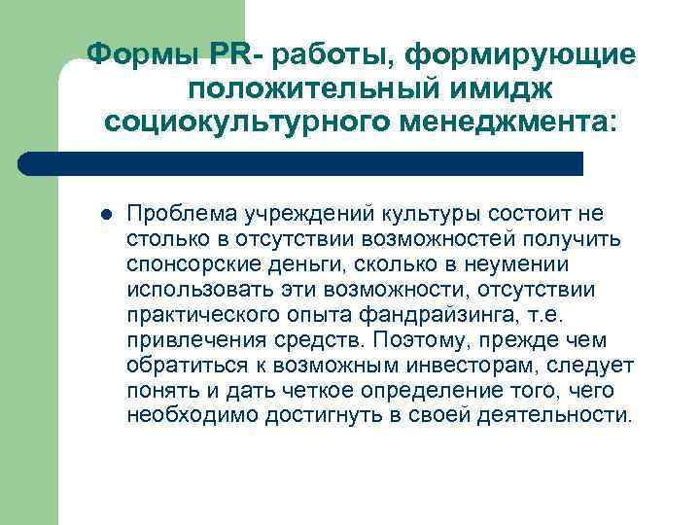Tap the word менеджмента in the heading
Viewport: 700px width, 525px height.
(x=491, y=123)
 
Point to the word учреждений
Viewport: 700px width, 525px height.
(x=296, y=213)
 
